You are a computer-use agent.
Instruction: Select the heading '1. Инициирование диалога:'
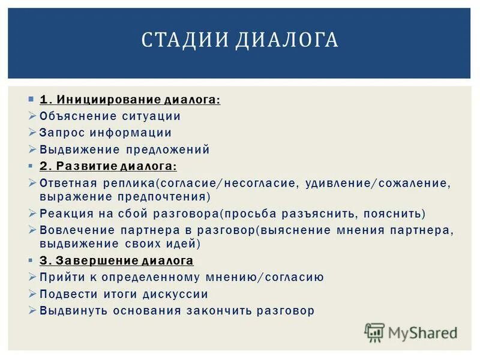(x=130, y=99)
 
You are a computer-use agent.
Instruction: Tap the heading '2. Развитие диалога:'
(x=108, y=166)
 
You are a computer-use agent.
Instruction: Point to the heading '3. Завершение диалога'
(x=116, y=260)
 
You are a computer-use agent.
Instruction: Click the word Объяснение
(x=75, y=116)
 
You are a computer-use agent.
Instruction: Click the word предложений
(x=167, y=149)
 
